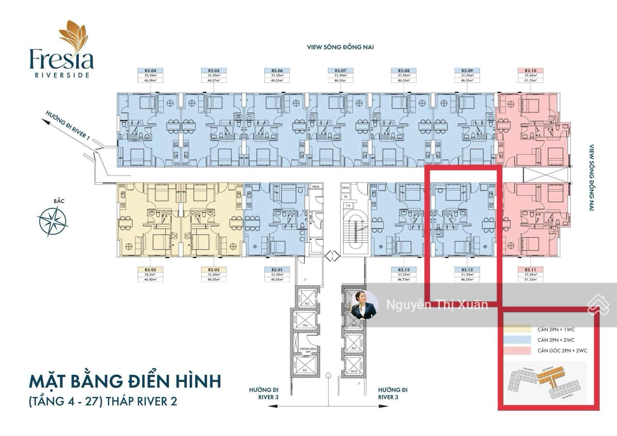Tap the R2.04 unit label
(150, 71)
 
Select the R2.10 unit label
(531, 71)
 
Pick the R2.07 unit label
(341, 71)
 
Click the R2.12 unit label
(467, 270)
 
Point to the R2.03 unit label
(150, 270)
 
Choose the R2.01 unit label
(277, 270)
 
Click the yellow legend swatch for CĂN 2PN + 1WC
(517, 330)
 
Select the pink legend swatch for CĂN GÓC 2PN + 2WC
(517, 351)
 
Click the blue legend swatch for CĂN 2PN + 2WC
(517, 340)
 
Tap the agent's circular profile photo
(364, 305)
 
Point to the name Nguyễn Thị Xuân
(437, 305)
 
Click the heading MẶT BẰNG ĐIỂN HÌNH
(125, 381)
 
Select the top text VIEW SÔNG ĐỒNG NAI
(341, 47)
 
